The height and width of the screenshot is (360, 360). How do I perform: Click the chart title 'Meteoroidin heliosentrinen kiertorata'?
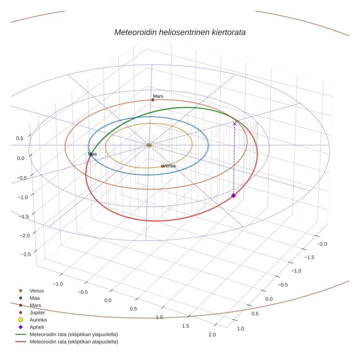coord(180,32)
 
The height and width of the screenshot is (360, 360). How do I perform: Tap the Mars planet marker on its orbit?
coord(153,100)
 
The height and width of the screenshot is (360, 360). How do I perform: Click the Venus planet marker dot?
coord(162,166)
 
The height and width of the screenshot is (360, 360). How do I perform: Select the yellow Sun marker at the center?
coord(149,145)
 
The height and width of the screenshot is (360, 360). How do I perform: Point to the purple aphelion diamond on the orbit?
coord(233,196)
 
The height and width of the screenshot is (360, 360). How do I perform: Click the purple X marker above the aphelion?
coord(235,124)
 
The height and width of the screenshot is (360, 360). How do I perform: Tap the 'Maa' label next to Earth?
coord(93,154)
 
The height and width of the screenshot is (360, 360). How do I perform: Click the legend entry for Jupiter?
coord(37,312)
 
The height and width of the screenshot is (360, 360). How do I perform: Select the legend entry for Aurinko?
coord(38,320)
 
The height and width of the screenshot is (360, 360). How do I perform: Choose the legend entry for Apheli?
coord(37,327)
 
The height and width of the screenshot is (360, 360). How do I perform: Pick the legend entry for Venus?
coord(37,290)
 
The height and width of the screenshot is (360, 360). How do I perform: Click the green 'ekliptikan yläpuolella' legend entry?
coord(74,334)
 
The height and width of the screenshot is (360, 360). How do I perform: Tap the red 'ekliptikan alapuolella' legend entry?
coord(74,342)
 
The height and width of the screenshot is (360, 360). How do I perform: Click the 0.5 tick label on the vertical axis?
coord(19,138)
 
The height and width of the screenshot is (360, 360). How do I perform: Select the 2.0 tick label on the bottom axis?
coord(212,334)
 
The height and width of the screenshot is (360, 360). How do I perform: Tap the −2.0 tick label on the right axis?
coord(322,244)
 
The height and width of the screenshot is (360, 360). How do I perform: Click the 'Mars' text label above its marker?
coord(158,96)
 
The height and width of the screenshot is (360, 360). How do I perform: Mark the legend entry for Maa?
coord(35,298)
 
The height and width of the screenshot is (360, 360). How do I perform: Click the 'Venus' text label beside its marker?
coord(169,166)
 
